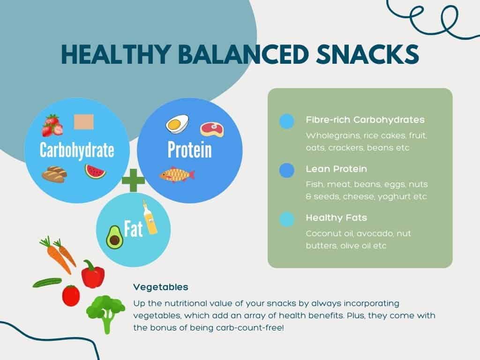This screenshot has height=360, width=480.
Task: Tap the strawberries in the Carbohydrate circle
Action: (52, 125)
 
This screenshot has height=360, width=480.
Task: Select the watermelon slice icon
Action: (95, 171)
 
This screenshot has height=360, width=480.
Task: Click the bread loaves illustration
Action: (54, 174)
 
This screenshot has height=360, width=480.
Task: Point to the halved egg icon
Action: (178, 124)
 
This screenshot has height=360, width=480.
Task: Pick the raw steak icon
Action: (212, 128)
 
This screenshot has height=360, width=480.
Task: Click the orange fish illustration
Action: (177, 175)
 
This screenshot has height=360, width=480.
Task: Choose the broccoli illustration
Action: (105, 312)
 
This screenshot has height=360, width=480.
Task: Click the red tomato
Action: (71, 295)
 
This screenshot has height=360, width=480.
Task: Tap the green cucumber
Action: (47, 282)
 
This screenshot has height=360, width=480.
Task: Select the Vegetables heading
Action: (160, 286)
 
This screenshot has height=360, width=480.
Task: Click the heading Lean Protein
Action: (336, 169)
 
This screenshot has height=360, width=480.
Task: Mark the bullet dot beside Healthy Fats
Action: (286, 219)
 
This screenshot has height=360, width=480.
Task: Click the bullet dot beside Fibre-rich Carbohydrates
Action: (286, 121)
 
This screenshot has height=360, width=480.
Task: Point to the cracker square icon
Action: (84, 121)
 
